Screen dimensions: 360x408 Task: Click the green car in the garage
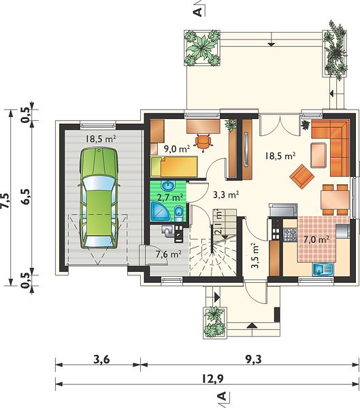(x=99, y=198)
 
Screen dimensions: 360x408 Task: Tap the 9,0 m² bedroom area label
(x=177, y=149)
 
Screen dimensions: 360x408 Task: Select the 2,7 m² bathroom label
(x=170, y=197)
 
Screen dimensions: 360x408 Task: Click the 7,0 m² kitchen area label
(x=316, y=239)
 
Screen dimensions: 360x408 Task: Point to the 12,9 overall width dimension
(x=212, y=379)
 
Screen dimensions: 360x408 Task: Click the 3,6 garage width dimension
(x=101, y=359)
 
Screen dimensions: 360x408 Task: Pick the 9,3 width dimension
(x=253, y=359)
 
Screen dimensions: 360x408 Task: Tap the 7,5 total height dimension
(x=6, y=201)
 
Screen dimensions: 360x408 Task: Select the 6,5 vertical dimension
(x=27, y=197)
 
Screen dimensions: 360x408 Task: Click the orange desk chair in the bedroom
(x=203, y=141)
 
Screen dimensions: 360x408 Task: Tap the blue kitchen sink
(x=323, y=269)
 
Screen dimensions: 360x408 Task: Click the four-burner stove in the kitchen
(x=290, y=234)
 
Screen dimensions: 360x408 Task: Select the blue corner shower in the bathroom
(x=159, y=212)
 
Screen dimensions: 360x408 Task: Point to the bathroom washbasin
(x=169, y=186)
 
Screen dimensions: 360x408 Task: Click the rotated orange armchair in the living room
(x=302, y=176)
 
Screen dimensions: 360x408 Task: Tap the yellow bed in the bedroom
(x=174, y=167)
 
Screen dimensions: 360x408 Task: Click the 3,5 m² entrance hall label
(x=255, y=256)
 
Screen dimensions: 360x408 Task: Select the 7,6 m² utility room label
(x=169, y=254)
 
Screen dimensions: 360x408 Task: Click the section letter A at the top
(x=199, y=12)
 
